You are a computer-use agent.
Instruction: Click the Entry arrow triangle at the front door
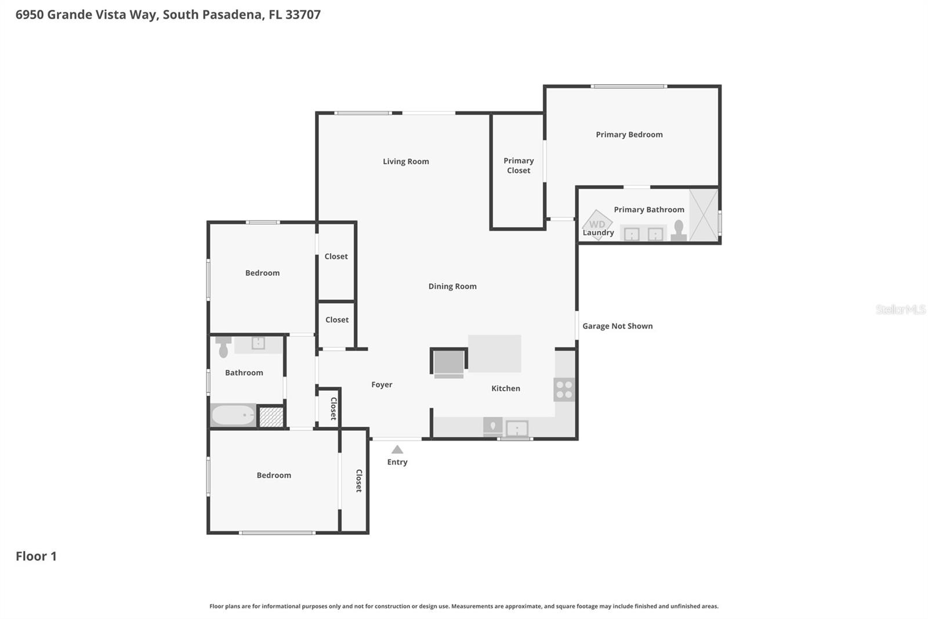click(397, 449)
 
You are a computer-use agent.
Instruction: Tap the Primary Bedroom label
click(629, 135)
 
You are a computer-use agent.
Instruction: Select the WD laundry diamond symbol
click(597, 224)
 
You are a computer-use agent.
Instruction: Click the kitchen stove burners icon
click(564, 390)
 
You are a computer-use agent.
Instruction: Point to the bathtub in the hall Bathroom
click(233, 415)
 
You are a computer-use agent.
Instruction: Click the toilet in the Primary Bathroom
click(679, 230)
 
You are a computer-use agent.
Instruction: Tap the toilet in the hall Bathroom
click(223, 347)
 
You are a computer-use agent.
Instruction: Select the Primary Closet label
click(519, 165)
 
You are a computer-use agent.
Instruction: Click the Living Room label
click(405, 161)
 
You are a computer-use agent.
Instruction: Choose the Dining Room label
click(452, 286)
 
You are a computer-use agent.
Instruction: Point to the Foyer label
click(382, 384)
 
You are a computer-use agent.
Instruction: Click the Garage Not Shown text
click(617, 326)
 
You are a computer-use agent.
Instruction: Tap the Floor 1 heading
click(36, 556)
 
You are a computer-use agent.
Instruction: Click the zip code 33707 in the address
click(303, 15)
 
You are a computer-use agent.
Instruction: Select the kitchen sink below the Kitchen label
click(517, 429)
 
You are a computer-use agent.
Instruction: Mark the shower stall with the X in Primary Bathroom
click(704, 215)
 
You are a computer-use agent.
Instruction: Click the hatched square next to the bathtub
click(271, 417)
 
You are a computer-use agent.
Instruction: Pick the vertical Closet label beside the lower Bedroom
click(358, 481)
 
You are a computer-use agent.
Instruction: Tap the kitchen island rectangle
click(495, 353)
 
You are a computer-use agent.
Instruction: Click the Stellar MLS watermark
click(900, 310)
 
